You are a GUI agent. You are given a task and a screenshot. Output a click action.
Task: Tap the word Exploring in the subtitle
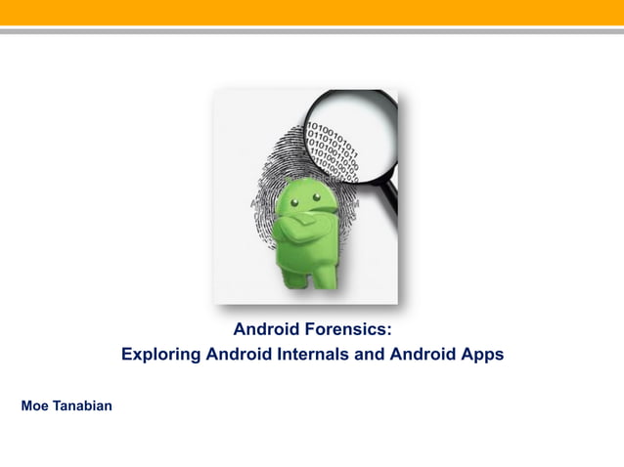coord(157,355)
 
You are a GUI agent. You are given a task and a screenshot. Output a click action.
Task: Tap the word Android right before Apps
coord(423,355)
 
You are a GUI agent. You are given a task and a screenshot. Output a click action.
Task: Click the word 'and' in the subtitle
coord(367,355)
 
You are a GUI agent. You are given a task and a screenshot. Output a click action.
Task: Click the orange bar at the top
coord(312,12)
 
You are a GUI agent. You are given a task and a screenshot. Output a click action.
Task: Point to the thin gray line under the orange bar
coord(312,31)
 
